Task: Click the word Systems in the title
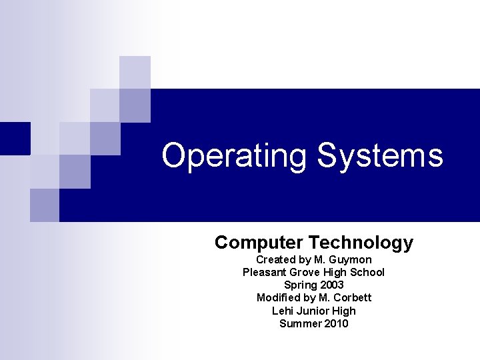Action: pos(379,155)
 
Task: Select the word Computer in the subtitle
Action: pos(259,243)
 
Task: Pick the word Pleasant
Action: pos(265,272)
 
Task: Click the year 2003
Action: pos(331,285)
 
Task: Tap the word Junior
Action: pos(313,311)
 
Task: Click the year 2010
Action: pos(336,323)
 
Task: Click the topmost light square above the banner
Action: pos(135,72)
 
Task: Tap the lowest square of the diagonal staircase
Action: pos(45,205)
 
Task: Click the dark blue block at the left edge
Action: pos(15,139)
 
